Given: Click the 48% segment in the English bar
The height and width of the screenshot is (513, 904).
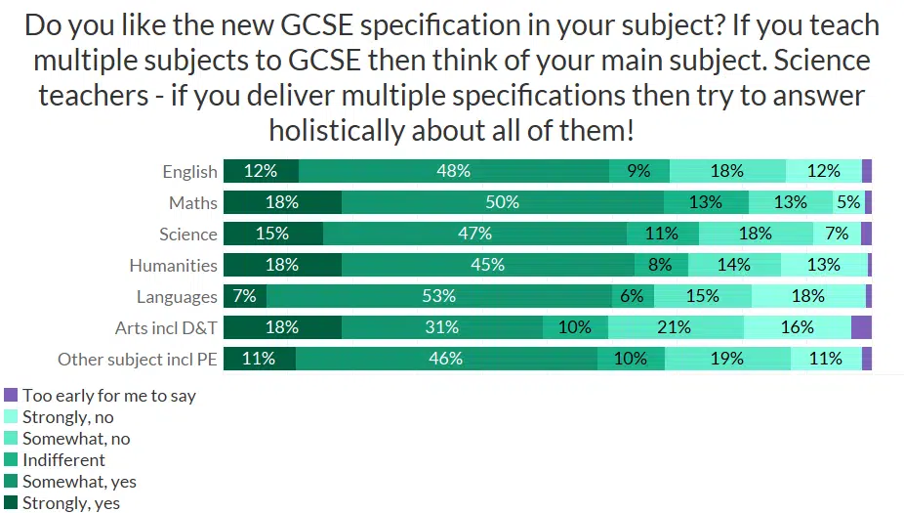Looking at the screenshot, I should coord(454,171).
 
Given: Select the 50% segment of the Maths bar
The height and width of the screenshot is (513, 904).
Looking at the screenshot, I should coord(503,202).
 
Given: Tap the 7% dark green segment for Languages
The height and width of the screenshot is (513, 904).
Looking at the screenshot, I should coord(245,296).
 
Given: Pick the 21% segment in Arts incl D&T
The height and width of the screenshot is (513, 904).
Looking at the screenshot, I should coord(676,327).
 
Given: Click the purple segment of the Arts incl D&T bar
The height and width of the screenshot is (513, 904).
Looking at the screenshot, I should coord(861,327).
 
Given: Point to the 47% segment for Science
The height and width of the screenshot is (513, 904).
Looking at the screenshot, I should coord(474,234).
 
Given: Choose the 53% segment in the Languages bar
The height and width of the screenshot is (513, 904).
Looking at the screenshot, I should coord(439,296).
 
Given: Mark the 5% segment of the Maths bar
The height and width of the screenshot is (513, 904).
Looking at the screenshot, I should coord(848,202).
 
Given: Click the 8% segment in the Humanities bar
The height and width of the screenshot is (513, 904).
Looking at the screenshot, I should coord(661,265).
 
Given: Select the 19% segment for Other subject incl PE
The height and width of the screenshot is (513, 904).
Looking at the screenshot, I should coord(727,359).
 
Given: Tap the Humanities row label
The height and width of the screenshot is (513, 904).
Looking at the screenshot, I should coord(173,265).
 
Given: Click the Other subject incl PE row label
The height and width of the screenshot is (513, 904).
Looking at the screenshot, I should coord(137,359).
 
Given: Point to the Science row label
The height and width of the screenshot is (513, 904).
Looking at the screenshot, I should coord(187,234).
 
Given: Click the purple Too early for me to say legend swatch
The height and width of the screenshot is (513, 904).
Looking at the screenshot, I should coord(11,396).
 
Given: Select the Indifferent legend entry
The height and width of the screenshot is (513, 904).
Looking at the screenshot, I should coord(63,460).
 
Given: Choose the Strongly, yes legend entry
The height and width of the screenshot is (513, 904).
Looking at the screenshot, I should coord(70,503).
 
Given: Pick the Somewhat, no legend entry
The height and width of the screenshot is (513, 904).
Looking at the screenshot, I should coord(75,439).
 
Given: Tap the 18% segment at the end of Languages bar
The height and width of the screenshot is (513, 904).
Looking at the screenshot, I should coord(808,296).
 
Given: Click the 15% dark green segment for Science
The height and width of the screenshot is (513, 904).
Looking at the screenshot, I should coord(273,234).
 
